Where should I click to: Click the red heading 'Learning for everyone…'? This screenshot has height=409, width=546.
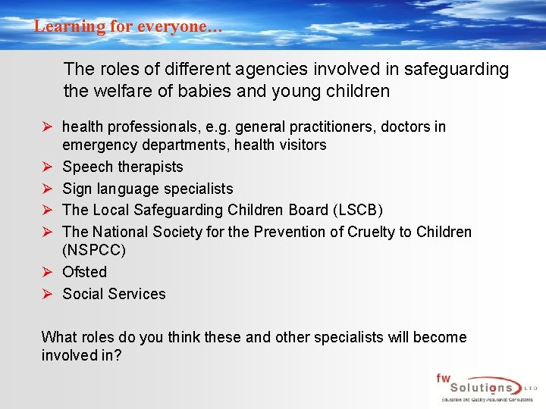click(128, 26)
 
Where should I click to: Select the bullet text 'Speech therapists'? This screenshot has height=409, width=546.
click(123, 167)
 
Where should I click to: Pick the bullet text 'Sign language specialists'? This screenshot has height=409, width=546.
click(148, 189)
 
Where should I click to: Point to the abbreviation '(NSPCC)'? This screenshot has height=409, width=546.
click(94, 250)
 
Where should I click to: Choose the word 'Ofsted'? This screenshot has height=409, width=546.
click(85, 272)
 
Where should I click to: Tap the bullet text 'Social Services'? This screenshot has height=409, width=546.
click(114, 294)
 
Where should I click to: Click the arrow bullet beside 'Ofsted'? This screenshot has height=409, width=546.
click(47, 272)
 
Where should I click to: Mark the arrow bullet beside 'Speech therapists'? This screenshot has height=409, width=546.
click(47, 167)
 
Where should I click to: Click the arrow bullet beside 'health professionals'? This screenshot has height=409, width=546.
click(47, 126)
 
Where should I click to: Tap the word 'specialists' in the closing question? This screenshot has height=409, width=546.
click(347, 337)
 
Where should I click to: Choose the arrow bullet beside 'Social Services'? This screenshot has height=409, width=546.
click(47, 294)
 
